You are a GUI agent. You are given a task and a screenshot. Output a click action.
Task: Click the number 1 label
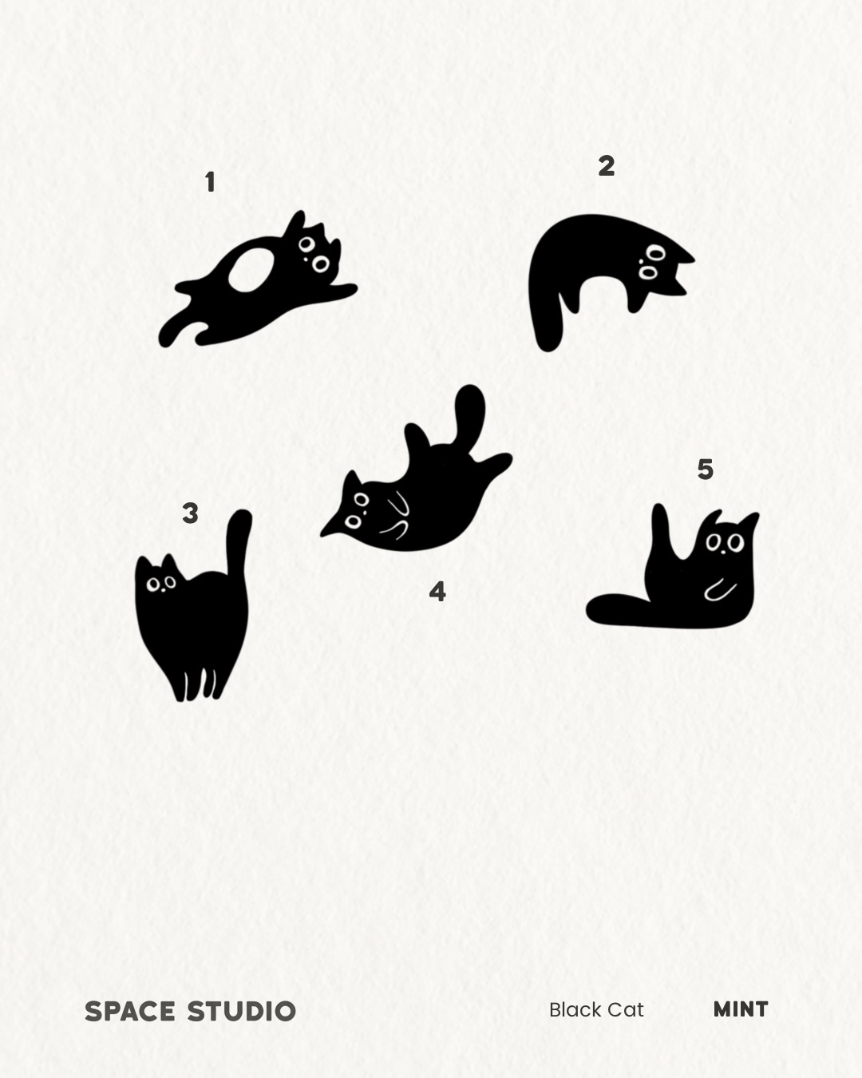pos(211,182)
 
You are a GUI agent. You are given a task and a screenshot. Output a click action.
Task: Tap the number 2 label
pos(607,166)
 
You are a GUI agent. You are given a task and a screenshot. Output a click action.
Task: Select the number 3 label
pos(190,513)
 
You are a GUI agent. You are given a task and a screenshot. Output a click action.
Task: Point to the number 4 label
pos(437,592)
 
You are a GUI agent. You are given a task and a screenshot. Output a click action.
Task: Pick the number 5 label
pos(706,470)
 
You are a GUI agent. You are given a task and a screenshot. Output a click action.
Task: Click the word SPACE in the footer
pos(130,1012)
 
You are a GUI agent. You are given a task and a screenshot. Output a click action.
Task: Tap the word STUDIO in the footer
pos(242,1012)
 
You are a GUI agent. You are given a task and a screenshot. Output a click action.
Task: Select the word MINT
pos(741,1009)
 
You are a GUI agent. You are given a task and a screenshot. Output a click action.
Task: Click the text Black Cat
pos(596,1010)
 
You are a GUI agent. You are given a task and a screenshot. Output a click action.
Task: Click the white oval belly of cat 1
pos(251,270)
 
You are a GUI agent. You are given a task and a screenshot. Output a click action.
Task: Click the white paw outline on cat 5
pos(720,589)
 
